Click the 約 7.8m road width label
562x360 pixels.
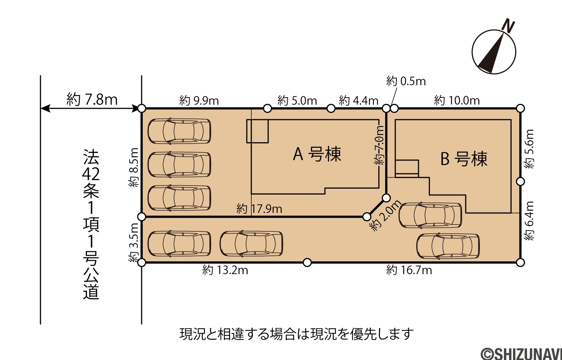pos(92,99)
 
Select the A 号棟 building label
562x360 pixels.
pos(317,154)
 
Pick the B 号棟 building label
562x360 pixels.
pos(464,159)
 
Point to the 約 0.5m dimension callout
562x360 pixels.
pos(406,81)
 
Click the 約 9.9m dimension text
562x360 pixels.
pos(199,100)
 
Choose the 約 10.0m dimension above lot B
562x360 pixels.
pos(457,100)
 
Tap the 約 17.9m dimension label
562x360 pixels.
pos(259,209)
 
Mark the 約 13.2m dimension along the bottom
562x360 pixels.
pos(225,270)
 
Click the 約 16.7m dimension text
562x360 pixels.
pos(409,270)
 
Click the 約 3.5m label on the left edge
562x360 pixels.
pos(133,243)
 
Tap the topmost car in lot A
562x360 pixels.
pos(179,131)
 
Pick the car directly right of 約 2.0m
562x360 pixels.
pos(430,215)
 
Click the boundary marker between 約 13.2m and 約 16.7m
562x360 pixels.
pos(307,262)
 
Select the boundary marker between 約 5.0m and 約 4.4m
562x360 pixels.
pos(331,109)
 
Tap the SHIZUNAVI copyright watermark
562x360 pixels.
pos(521,354)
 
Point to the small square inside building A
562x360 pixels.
pos(257,131)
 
